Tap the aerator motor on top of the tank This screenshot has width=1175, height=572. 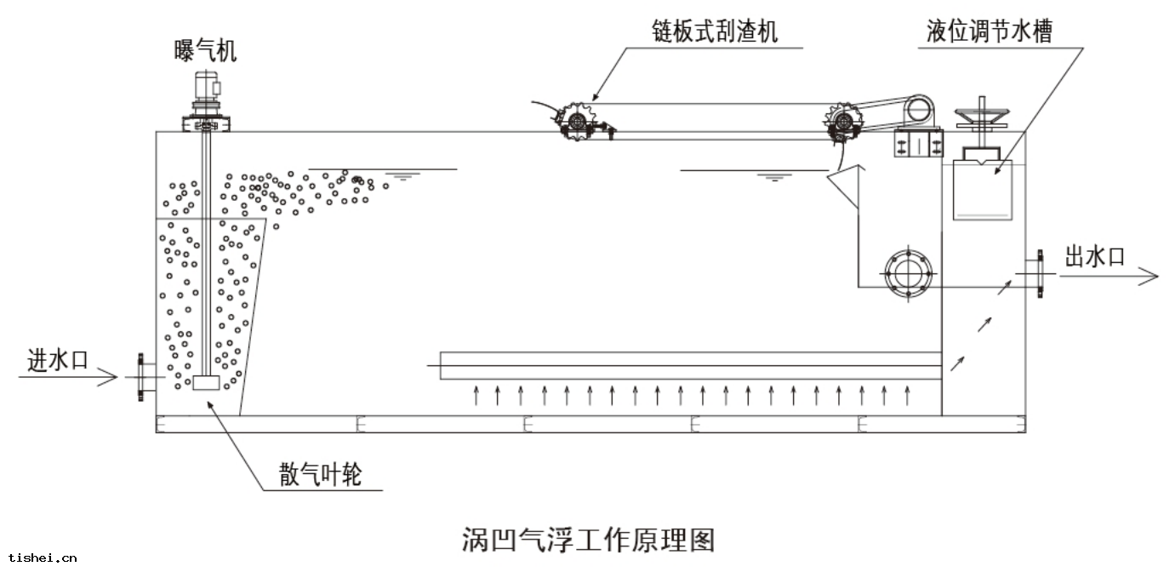(x=205, y=89)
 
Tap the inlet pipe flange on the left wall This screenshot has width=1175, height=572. (x=140, y=375)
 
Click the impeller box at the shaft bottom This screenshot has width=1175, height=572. (x=207, y=383)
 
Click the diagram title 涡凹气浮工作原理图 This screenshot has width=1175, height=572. (x=588, y=540)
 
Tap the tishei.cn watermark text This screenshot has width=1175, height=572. (x=40, y=558)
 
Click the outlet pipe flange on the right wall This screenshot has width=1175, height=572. (x=1039, y=273)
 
